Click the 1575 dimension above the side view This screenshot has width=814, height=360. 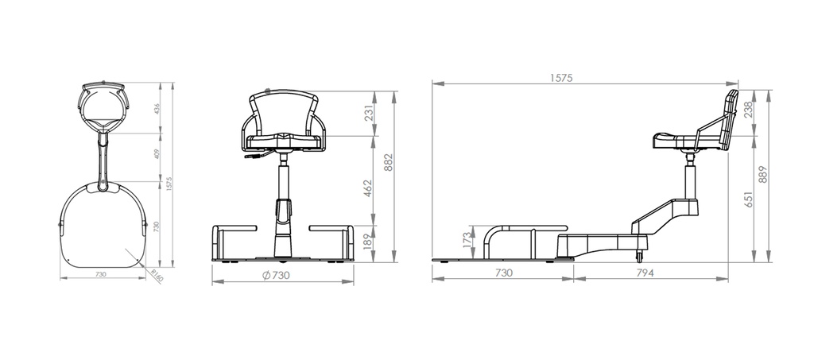561,78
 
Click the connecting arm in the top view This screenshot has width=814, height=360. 103,159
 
